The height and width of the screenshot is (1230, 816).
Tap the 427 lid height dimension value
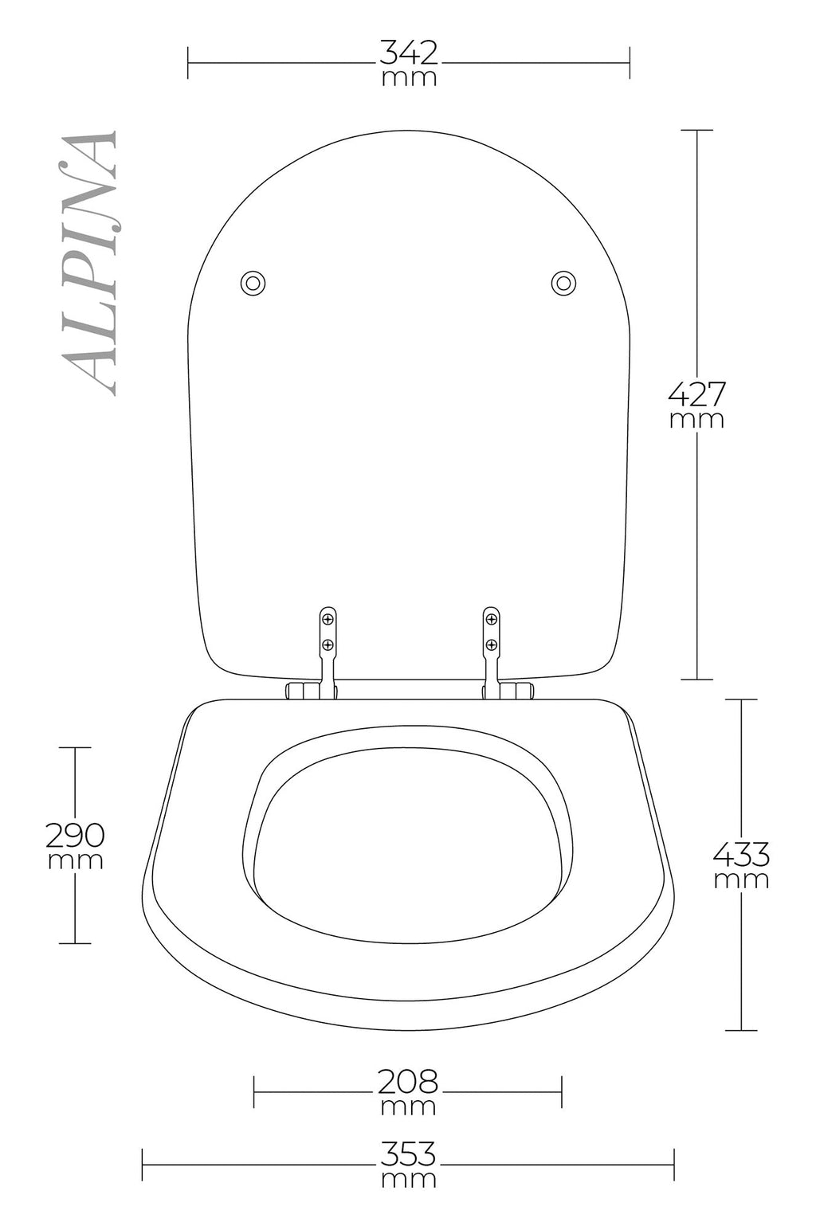pos(696,394)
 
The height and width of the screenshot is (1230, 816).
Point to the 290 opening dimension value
pos(75,835)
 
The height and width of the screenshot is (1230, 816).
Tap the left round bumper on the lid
pos(253,284)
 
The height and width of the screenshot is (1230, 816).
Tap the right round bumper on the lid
pos(563,284)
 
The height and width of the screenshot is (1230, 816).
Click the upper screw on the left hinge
pos(328,620)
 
